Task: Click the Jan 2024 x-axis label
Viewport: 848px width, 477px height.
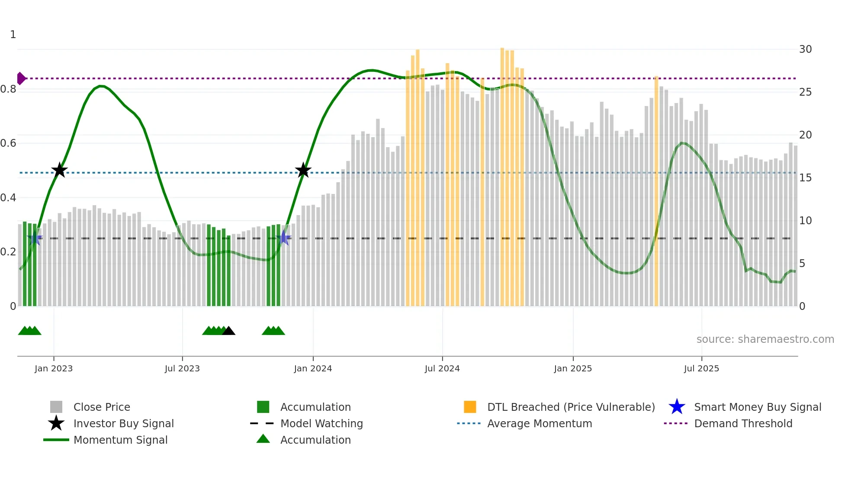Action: (x=313, y=368)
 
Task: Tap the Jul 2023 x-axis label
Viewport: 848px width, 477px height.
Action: (x=182, y=368)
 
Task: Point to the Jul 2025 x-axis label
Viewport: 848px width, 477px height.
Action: (x=701, y=368)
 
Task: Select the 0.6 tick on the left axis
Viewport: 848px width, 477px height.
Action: (x=8, y=143)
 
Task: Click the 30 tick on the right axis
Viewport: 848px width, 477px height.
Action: (x=805, y=49)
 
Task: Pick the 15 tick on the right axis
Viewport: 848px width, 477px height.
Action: (x=805, y=178)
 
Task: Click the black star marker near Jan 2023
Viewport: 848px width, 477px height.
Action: (x=59, y=171)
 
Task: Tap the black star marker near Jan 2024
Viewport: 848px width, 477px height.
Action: (x=303, y=171)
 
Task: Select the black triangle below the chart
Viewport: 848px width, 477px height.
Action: (x=228, y=331)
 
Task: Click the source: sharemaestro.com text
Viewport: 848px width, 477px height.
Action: (x=765, y=339)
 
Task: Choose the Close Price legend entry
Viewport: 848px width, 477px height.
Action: (x=102, y=407)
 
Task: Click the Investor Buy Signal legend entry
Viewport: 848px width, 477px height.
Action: (x=123, y=423)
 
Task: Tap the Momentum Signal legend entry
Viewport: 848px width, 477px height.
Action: (x=120, y=440)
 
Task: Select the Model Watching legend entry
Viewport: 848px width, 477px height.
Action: (x=321, y=423)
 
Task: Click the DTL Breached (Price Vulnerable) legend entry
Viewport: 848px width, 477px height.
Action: (x=571, y=407)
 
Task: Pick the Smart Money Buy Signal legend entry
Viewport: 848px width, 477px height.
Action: (x=757, y=407)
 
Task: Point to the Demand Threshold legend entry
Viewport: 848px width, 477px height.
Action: (x=743, y=423)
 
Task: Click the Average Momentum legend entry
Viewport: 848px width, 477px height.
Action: (x=539, y=423)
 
